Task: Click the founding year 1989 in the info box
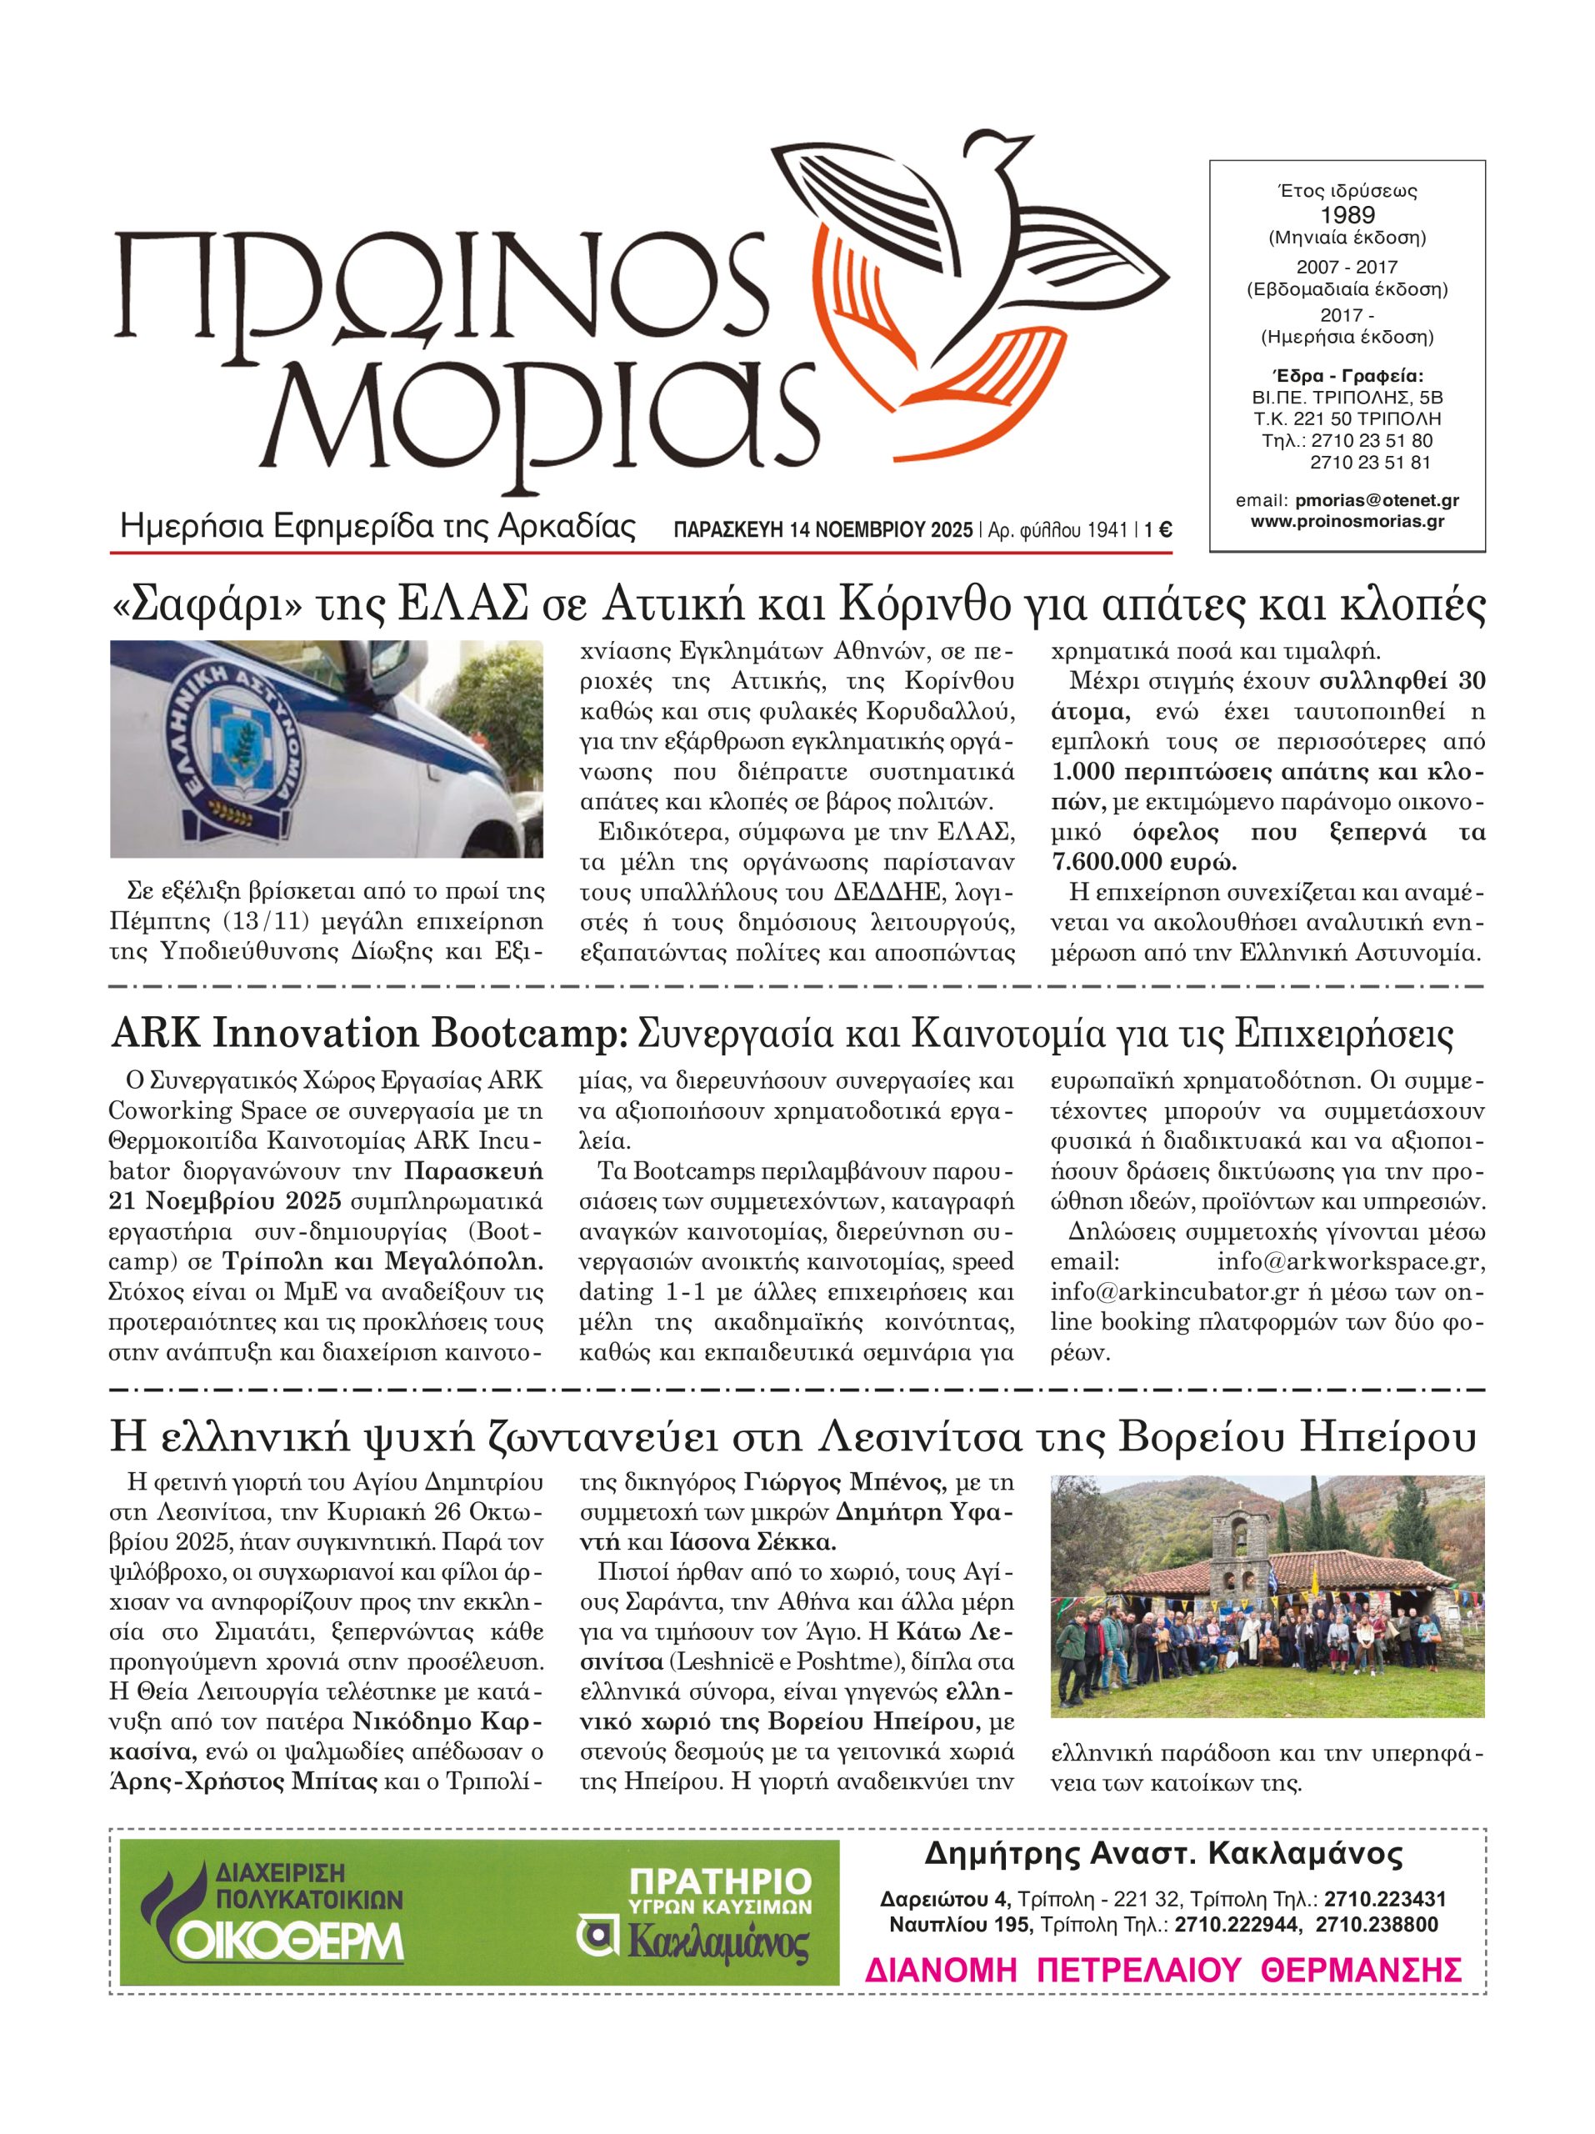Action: (x=1347, y=214)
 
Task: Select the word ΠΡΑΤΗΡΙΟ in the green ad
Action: (x=719, y=1882)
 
